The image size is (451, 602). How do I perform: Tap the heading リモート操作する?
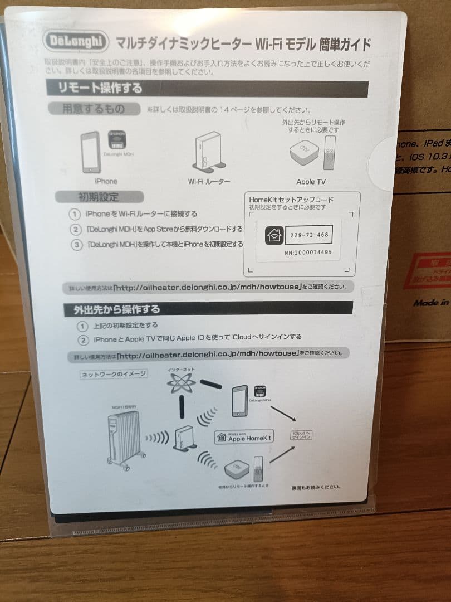pos(101,88)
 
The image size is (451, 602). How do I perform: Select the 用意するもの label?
pos(94,109)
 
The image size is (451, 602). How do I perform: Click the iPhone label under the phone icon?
pos(106,181)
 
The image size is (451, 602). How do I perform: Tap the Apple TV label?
pos(311,182)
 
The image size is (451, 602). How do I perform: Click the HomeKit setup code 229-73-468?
pos(309,235)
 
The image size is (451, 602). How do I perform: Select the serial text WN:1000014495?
pos(308,253)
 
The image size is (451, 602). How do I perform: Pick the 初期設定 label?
pos(98,197)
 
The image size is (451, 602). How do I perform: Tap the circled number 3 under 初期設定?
pos(76,245)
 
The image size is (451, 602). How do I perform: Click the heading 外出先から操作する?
pos(116,309)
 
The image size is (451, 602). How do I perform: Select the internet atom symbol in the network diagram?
pos(182,384)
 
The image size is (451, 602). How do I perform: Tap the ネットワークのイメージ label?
pos(114,374)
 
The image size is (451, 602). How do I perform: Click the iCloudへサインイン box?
pos(301,435)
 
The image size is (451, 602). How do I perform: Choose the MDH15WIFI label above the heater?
pos(124,407)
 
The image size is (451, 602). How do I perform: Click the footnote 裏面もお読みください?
pos(316,487)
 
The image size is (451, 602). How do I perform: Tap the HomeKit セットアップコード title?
pos(291,199)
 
